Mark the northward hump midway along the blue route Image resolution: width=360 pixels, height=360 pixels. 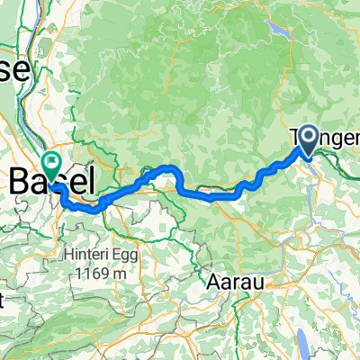coord(168,169)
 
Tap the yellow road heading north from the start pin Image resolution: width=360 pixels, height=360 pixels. coord(306,108)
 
